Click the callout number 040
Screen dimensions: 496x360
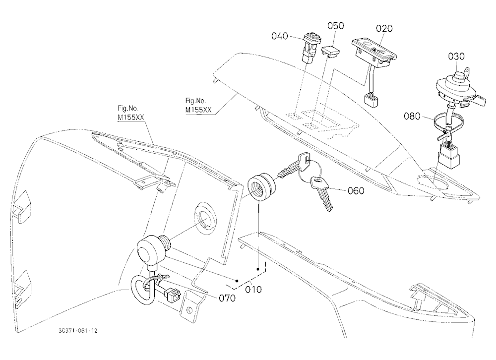click(x=280, y=36)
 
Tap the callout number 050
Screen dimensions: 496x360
click(x=335, y=26)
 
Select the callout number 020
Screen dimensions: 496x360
click(x=384, y=28)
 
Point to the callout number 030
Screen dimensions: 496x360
click(x=456, y=57)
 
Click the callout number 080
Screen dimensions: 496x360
click(x=412, y=116)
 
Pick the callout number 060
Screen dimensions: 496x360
click(x=356, y=191)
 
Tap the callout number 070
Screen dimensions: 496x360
click(x=227, y=298)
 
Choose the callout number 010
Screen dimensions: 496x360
click(x=253, y=289)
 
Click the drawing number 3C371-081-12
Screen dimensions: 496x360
click(x=78, y=331)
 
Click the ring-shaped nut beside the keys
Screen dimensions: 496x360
click(x=261, y=186)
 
